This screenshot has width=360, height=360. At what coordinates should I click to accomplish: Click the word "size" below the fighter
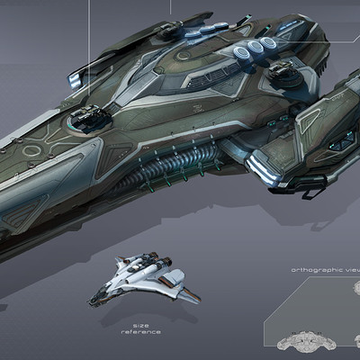pyautogui.click(x=140, y=326)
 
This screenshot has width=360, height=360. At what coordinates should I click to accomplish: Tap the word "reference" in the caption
pyautogui.click(x=140, y=332)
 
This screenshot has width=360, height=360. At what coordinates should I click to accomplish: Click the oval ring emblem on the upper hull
pyautogui.click(x=183, y=56)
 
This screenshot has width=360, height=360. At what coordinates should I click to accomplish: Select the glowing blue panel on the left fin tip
pyautogui.click(x=75, y=79)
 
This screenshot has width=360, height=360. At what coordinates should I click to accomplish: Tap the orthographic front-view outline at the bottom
pyautogui.click(x=304, y=343)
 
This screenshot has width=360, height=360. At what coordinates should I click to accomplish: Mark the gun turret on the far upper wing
pyautogui.click(x=170, y=29)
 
